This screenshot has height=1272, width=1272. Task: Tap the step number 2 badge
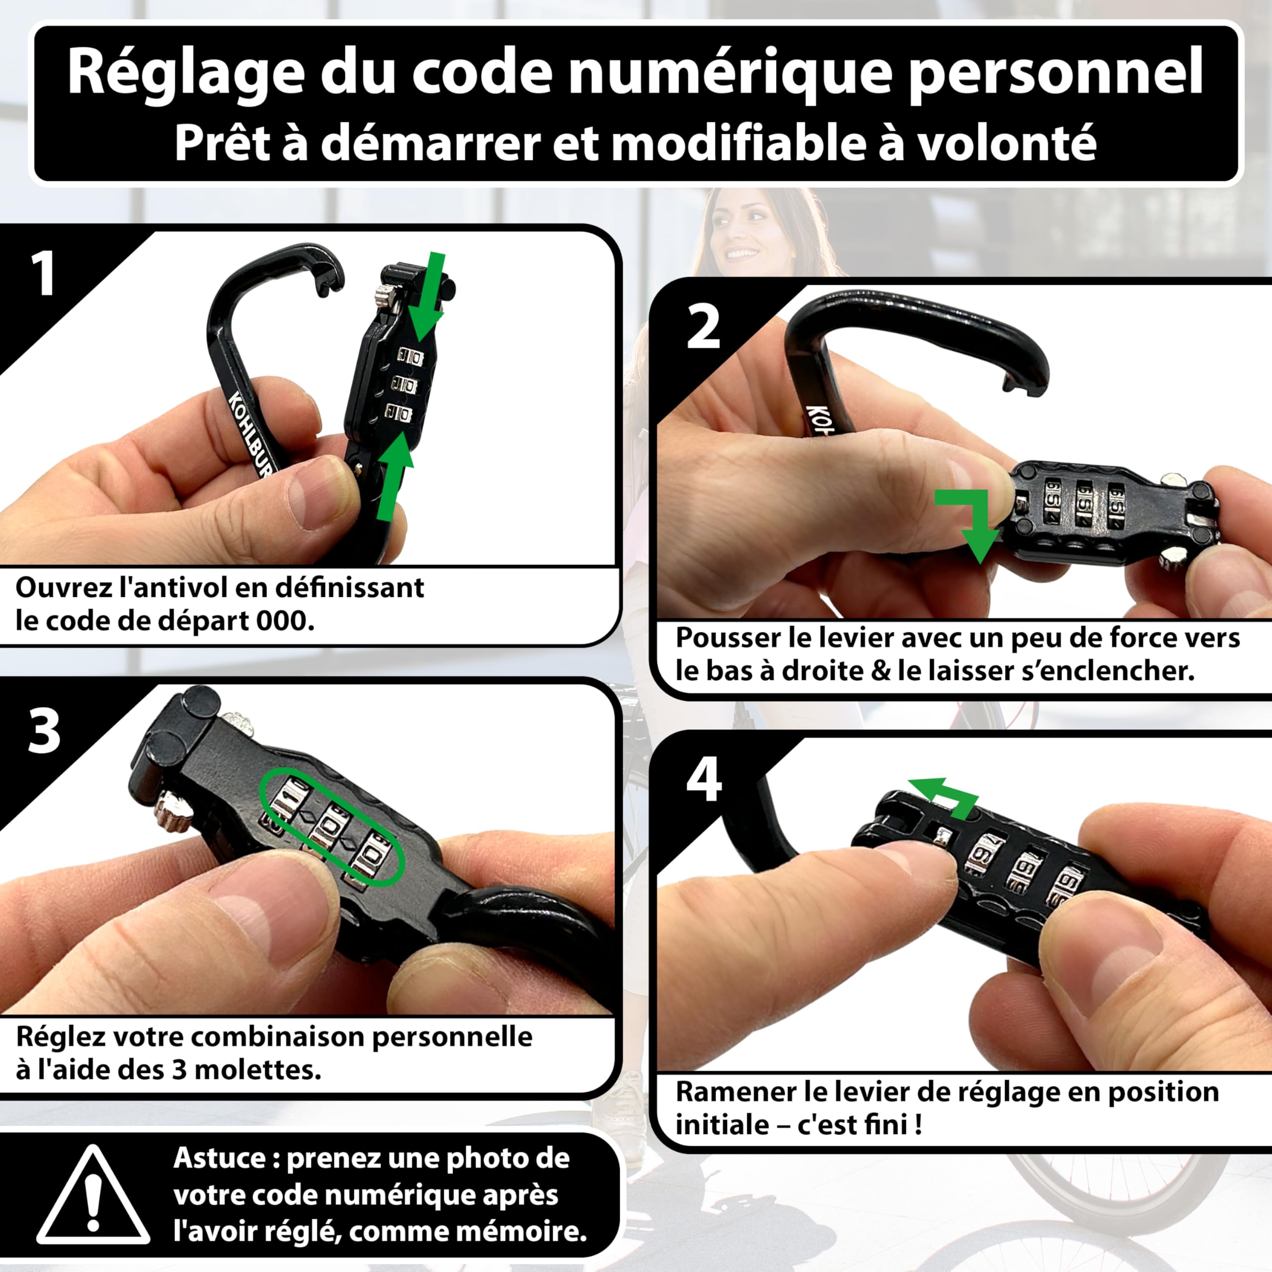(703, 327)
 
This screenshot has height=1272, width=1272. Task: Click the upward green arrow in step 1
(395, 474)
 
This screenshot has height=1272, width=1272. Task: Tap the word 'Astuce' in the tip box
(219, 1157)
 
